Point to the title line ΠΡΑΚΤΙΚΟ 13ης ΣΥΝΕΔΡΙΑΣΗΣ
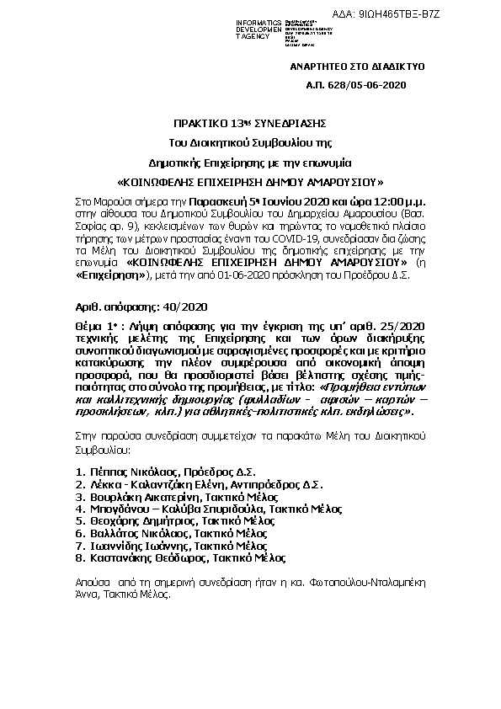tap(250, 123)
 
